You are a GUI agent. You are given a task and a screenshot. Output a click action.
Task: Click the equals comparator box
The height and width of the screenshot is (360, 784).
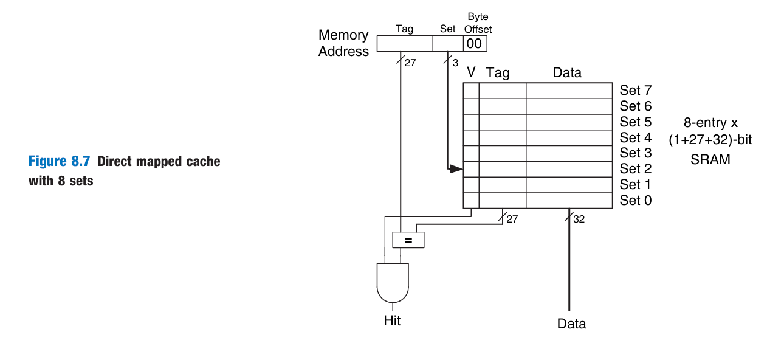[x=408, y=240]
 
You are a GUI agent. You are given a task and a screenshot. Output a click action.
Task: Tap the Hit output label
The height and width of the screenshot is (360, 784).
[x=392, y=320]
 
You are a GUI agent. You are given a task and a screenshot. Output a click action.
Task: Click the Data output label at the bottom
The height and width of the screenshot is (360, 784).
[x=571, y=324]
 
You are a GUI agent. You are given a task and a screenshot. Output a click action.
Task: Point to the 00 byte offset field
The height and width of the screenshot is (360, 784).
[x=474, y=44]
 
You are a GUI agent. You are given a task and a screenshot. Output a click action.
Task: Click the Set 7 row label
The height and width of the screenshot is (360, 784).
[x=635, y=91]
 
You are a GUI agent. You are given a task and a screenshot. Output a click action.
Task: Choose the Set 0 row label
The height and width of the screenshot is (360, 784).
[x=635, y=200]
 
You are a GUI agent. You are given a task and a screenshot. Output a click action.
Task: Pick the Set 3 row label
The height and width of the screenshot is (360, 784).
[x=635, y=153]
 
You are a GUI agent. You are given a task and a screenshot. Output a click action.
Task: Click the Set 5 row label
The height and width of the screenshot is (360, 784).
[x=635, y=122]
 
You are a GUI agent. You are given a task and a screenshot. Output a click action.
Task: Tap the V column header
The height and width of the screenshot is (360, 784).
[x=471, y=73]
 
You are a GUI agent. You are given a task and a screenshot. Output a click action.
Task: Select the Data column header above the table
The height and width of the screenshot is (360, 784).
[x=567, y=73]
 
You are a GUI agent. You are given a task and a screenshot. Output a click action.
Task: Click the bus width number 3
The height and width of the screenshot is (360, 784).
[x=455, y=62]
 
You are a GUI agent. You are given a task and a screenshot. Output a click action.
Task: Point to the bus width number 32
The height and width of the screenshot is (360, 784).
[x=579, y=219]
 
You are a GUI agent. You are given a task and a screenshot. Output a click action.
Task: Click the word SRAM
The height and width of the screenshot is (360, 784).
[x=710, y=159]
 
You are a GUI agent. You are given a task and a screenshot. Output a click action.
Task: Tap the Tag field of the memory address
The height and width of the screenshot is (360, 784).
[x=404, y=44]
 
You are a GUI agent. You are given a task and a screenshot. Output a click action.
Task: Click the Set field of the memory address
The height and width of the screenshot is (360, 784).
[x=447, y=44]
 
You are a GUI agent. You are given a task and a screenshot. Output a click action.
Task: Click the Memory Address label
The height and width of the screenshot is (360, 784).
[x=343, y=43]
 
